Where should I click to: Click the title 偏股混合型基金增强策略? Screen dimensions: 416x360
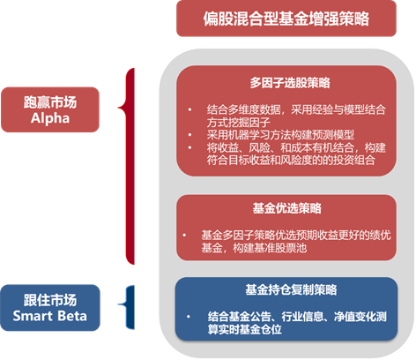tap(286, 19)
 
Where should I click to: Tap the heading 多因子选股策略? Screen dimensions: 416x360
tap(290, 83)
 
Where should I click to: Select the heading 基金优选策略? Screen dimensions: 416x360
tap(286, 208)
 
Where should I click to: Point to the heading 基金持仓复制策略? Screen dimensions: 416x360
tap(291, 289)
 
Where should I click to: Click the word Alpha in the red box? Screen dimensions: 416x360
tap(50, 118)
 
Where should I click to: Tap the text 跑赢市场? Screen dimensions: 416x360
tap(50, 102)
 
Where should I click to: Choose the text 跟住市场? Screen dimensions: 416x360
tap(50, 300)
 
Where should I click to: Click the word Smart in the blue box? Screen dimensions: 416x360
tap(33, 316)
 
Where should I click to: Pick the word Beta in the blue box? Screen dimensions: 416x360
tap(72, 316)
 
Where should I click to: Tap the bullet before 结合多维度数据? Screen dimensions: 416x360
tap(189, 109)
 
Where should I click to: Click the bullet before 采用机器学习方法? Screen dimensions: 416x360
tap(189, 135)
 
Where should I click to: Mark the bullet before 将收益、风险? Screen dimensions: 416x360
tap(189, 147)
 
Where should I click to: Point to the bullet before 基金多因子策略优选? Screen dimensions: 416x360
tap(184, 235)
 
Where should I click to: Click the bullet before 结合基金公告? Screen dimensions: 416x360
tap(189, 317)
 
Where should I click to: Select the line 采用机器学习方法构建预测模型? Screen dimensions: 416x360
tap(280, 135)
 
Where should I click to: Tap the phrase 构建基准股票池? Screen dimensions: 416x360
tap(270, 248)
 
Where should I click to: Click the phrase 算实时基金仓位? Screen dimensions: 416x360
tap(245, 329)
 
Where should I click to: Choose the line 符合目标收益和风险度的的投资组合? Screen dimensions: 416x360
tap(291, 160)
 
